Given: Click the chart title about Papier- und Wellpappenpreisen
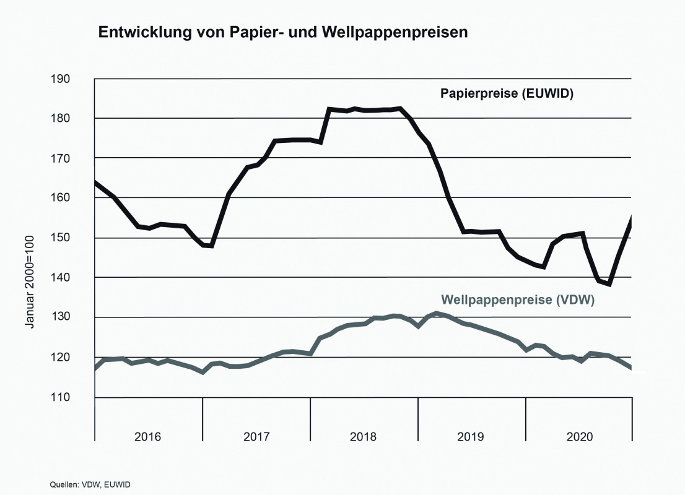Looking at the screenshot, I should pyautogui.click(x=282, y=33).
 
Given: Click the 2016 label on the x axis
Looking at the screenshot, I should pyautogui.click(x=148, y=437).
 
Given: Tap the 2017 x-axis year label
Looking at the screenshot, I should pyautogui.click(x=256, y=437).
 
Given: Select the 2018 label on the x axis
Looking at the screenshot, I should pyautogui.click(x=364, y=437).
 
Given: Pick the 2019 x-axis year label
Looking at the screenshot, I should pyautogui.click(x=471, y=437).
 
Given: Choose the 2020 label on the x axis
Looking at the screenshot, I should pyautogui.click(x=579, y=437).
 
